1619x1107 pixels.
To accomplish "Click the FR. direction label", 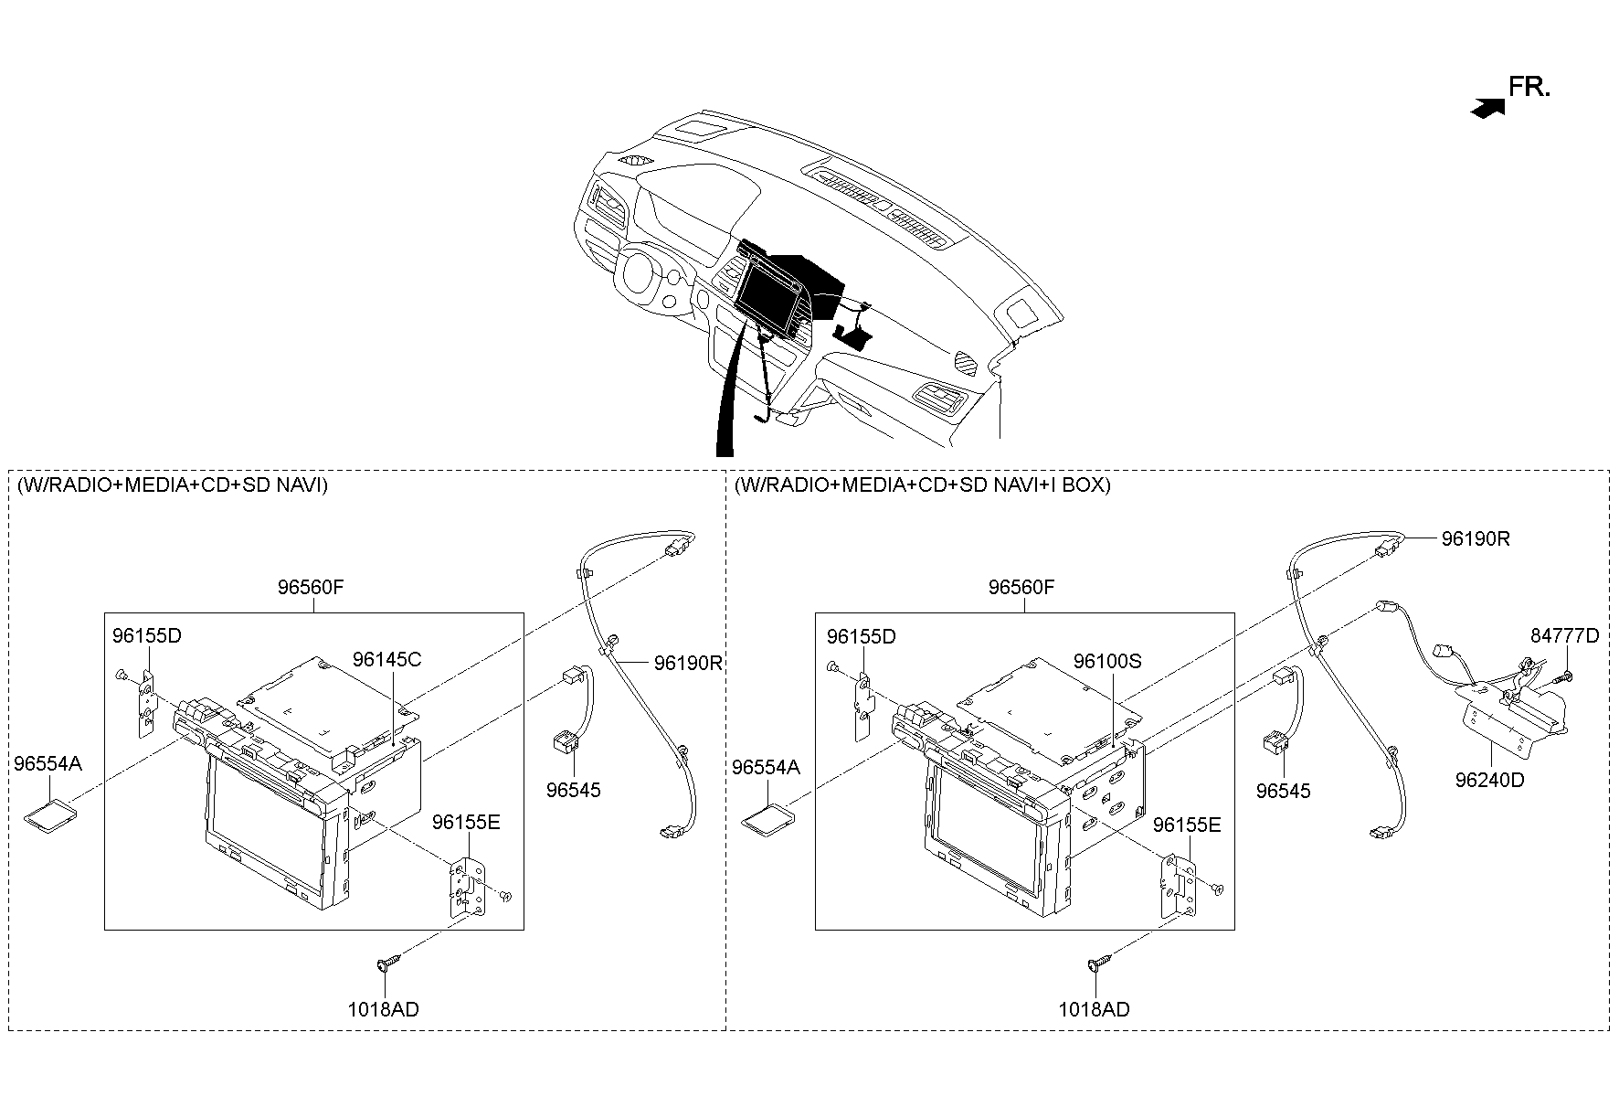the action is [x=1529, y=88].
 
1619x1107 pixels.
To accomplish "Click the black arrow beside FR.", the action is [x=1487, y=108].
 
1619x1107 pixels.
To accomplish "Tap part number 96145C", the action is [x=387, y=659].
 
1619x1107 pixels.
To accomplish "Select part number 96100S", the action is [x=1107, y=661].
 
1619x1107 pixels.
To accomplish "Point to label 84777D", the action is [x=1565, y=636].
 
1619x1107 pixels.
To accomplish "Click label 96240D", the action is [x=1489, y=780].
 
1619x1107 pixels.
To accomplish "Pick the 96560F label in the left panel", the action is [x=311, y=587].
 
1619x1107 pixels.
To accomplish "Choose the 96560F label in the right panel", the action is [x=1021, y=587].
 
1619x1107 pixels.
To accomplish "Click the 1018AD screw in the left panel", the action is [x=388, y=963].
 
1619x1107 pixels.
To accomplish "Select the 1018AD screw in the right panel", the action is [x=1099, y=963].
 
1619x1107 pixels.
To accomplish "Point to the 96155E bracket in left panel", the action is [x=465, y=886].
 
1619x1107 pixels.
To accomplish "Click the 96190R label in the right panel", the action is [x=1476, y=539].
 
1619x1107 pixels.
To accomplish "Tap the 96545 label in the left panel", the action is [x=574, y=790].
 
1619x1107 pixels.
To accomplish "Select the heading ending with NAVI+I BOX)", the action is [x=923, y=484].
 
